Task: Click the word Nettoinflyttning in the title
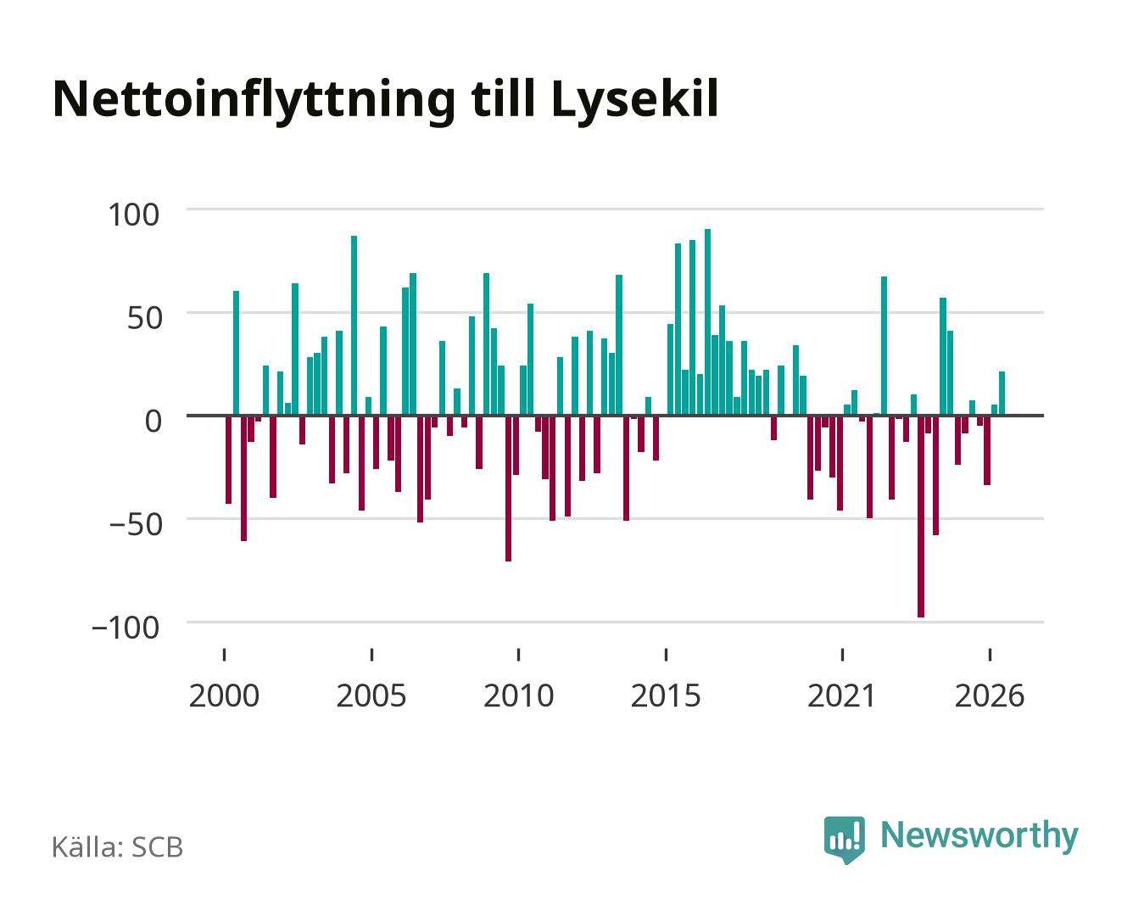[x=254, y=101]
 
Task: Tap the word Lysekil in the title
[x=634, y=101]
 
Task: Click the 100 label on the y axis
[x=133, y=215]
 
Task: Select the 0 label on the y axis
[x=153, y=421]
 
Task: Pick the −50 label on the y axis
[x=136, y=524]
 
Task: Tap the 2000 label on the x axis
[x=224, y=696]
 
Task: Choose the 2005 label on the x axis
[x=371, y=696]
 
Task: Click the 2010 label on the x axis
[x=519, y=696]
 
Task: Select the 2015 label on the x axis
[x=666, y=696]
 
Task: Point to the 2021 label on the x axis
[x=841, y=696]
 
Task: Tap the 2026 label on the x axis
[x=990, y=696]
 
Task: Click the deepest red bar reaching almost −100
[x=921, y=516]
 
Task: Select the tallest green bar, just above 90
[x=707, y=322]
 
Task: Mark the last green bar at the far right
[x=1002, y=394]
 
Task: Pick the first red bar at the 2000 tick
[x=229, y=460]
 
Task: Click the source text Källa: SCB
[x=118, y=847]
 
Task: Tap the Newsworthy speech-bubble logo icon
[x=844, y=840]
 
